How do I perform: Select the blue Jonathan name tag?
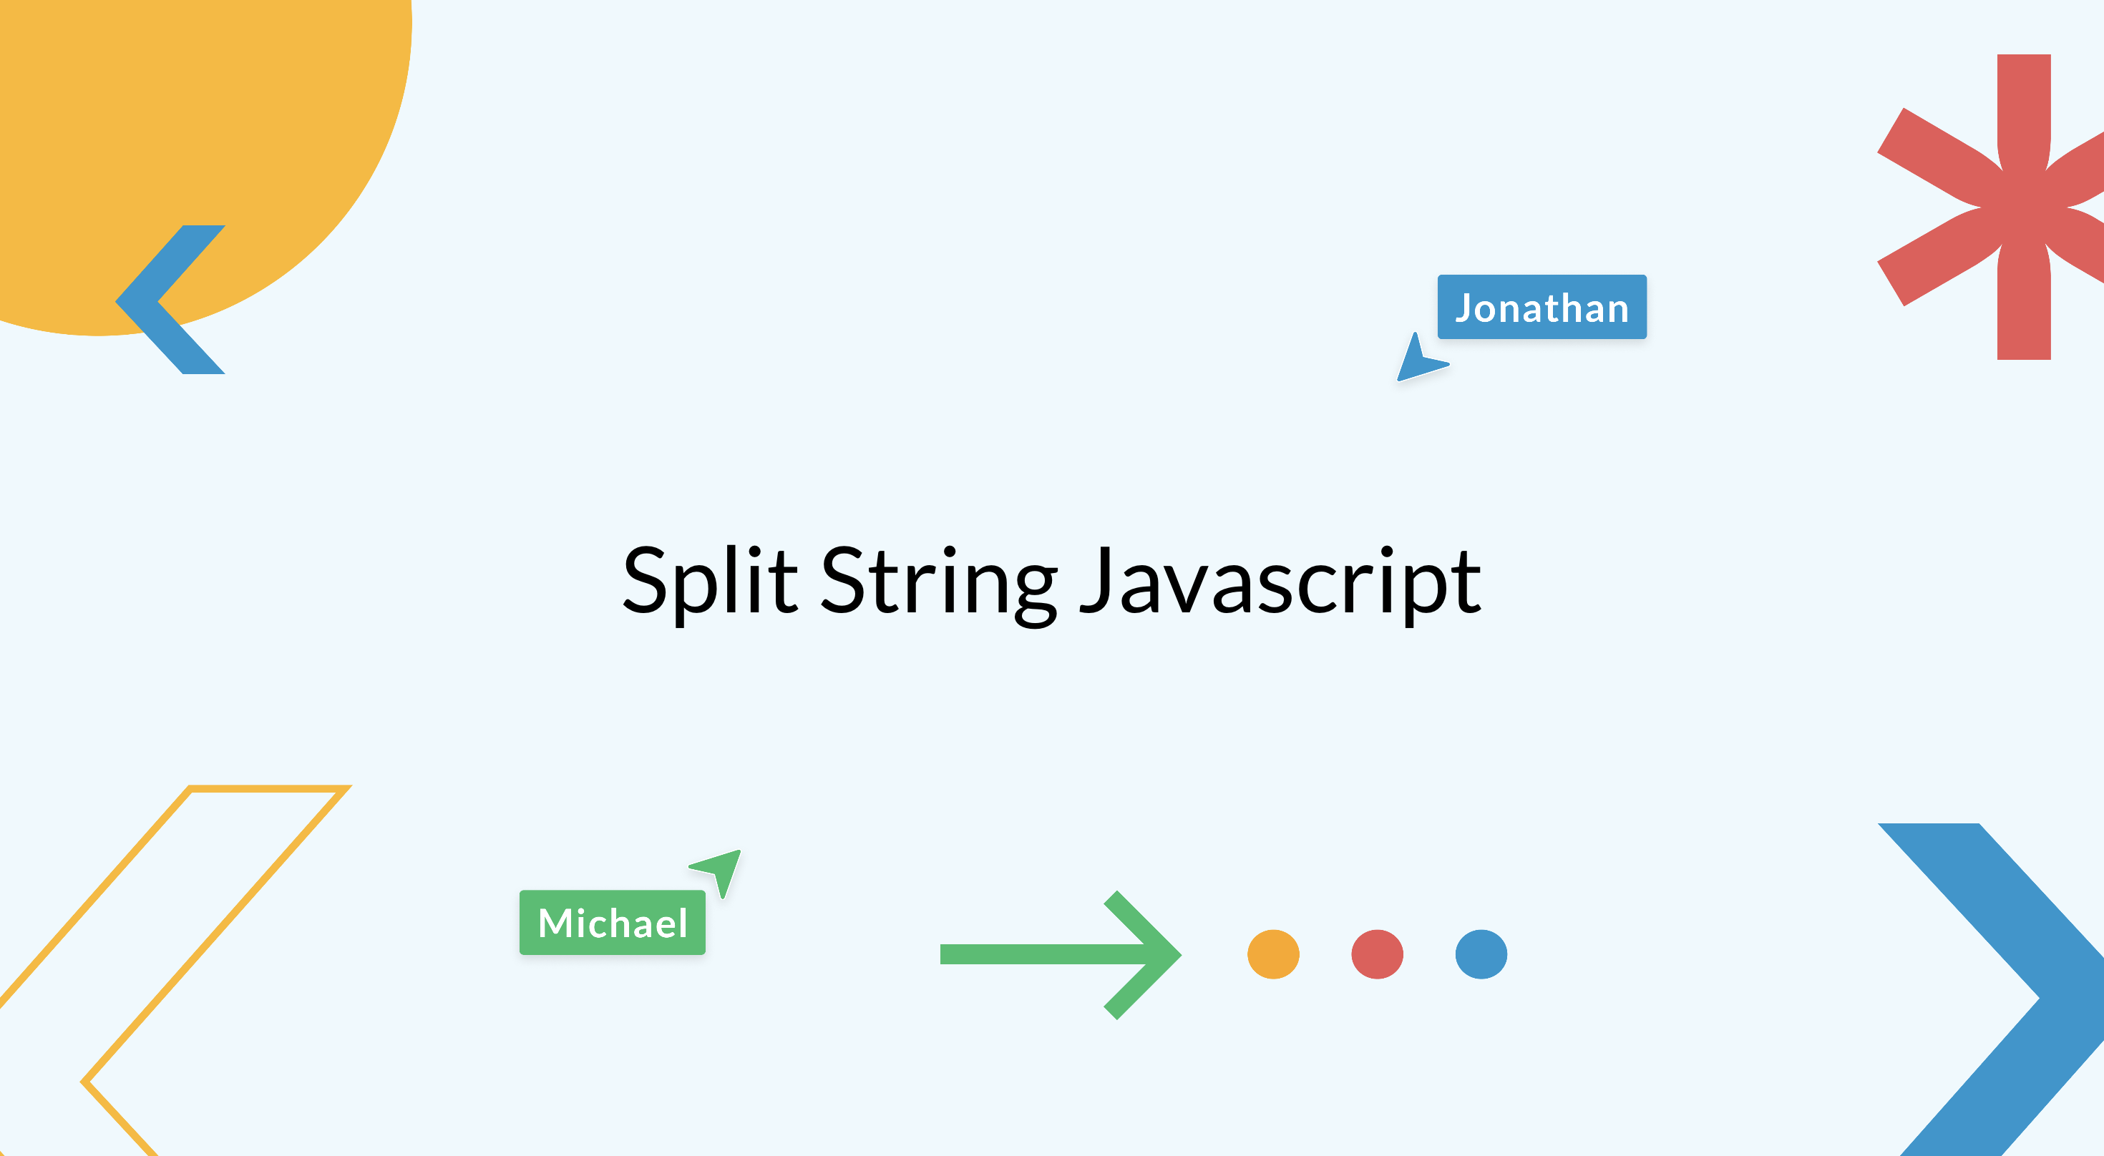(1542, 307)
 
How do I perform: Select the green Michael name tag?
(613, 923)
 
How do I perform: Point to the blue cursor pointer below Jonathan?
(1420, 359)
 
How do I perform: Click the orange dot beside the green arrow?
(1273, 954)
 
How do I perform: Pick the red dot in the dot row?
(1377, 954)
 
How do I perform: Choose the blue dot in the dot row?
(1481, 954)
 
